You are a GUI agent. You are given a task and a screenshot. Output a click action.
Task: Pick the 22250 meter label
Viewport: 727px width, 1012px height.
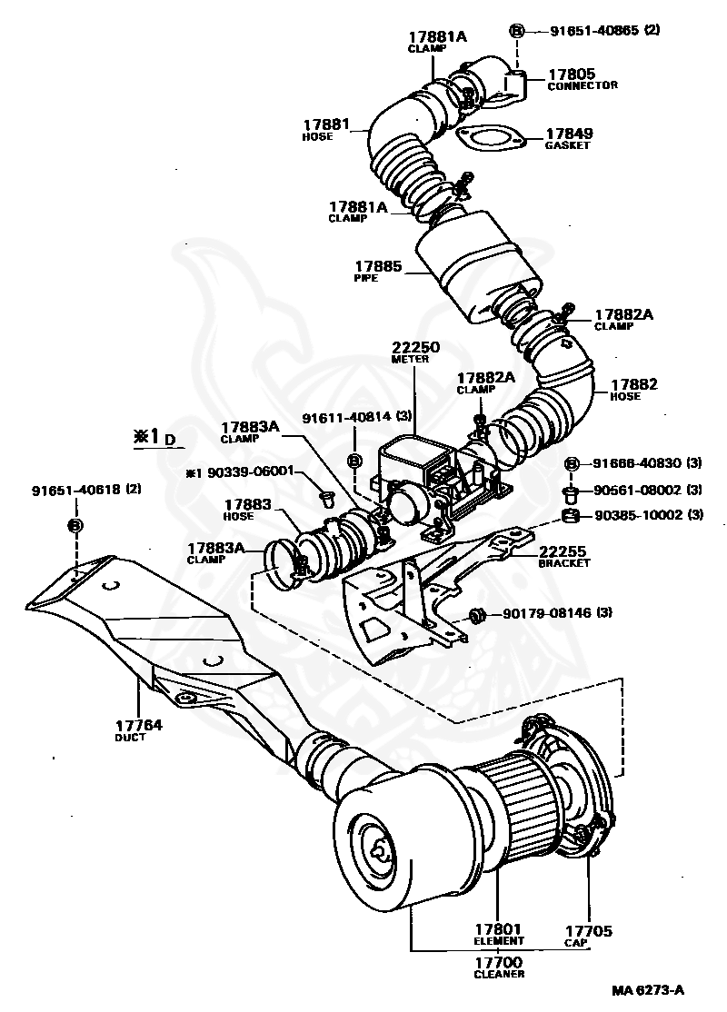point(414,347)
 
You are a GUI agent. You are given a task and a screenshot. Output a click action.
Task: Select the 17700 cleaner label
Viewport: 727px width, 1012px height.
point(498,962)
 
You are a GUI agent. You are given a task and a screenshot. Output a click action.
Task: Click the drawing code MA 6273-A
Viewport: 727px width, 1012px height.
point(647,989)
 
